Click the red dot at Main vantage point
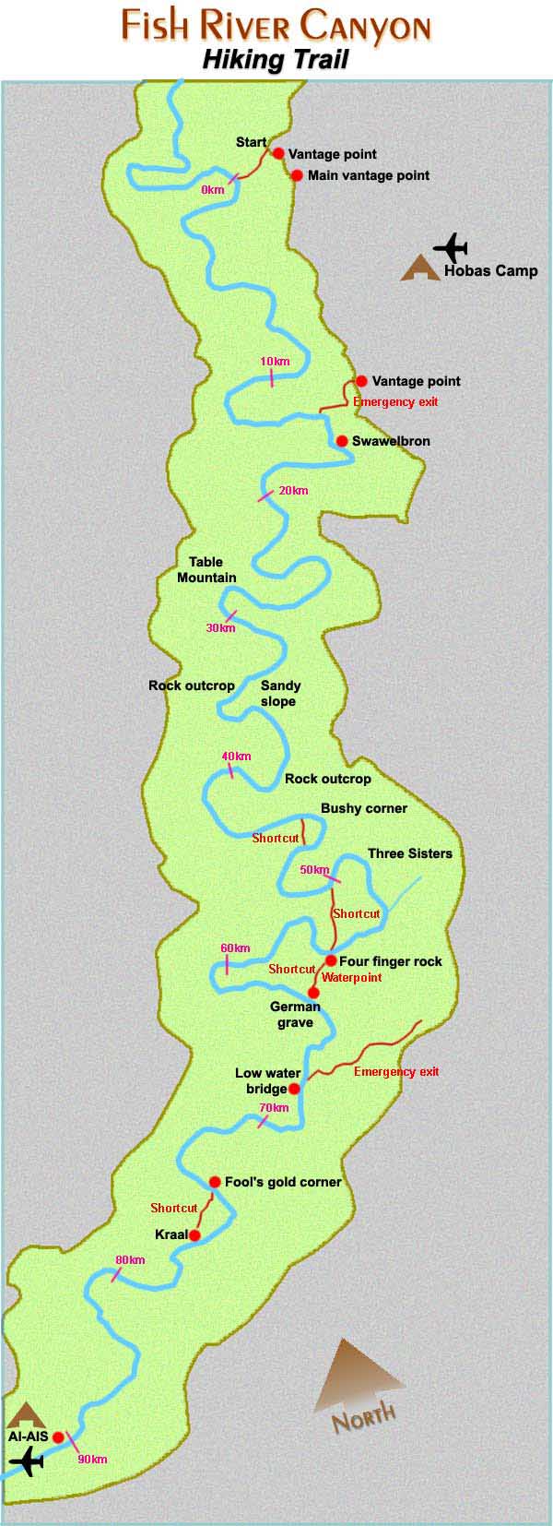297,175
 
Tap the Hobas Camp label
490,271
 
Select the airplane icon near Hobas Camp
451,247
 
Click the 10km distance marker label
275,361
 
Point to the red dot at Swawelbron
342,441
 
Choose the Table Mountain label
206,570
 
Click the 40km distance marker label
236,757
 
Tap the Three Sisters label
410,853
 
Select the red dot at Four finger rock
331,960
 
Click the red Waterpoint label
351,977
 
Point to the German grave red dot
313,993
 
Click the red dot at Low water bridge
294,1089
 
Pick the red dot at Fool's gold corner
215,1182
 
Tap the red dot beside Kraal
194,1234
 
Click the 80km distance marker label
130,1260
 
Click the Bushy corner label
363,808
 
